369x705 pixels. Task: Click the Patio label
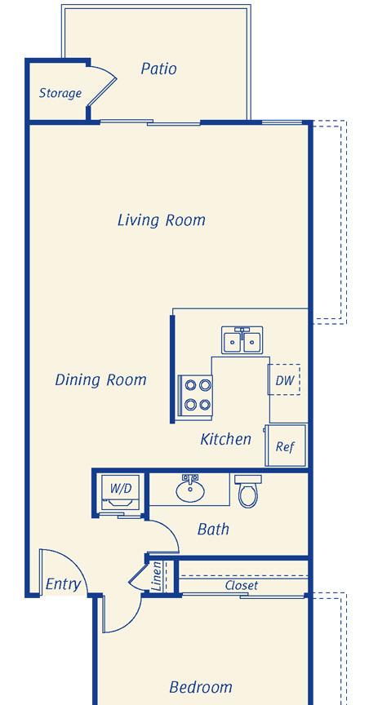158,69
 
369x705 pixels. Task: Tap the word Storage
60,93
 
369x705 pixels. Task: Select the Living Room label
162,220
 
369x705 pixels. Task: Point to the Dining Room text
100,380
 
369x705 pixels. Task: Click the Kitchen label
226,439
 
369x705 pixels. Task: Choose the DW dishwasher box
284,380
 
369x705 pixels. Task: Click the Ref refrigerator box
285,446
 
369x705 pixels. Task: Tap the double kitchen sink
242,340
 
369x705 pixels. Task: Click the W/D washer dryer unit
121,492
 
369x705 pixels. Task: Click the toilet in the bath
247,491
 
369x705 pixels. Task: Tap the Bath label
213,530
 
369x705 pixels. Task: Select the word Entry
64,584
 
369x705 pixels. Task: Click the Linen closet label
157,576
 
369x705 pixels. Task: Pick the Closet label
242,585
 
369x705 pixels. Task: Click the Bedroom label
201,688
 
